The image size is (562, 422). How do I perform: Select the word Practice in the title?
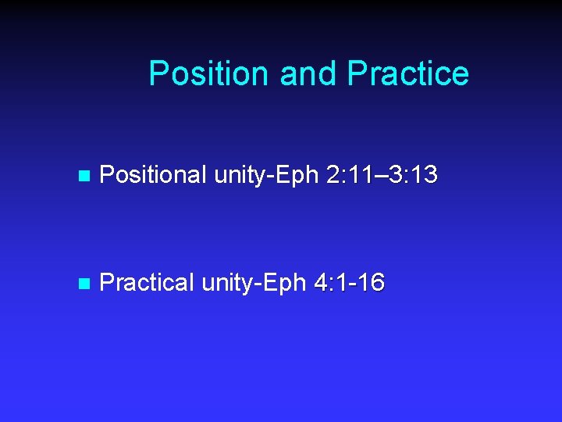(x=408, y=73)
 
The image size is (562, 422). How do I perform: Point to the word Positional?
(x=154, y=176)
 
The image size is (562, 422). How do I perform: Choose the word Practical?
(x=148, y=283)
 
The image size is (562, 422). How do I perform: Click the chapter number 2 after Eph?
(x=334, y=176)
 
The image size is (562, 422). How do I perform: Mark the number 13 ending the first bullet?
(x=421, y=176)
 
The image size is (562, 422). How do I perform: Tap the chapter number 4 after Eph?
(x=322, y=283)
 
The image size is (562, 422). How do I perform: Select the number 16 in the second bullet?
(x=370, y=283)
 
